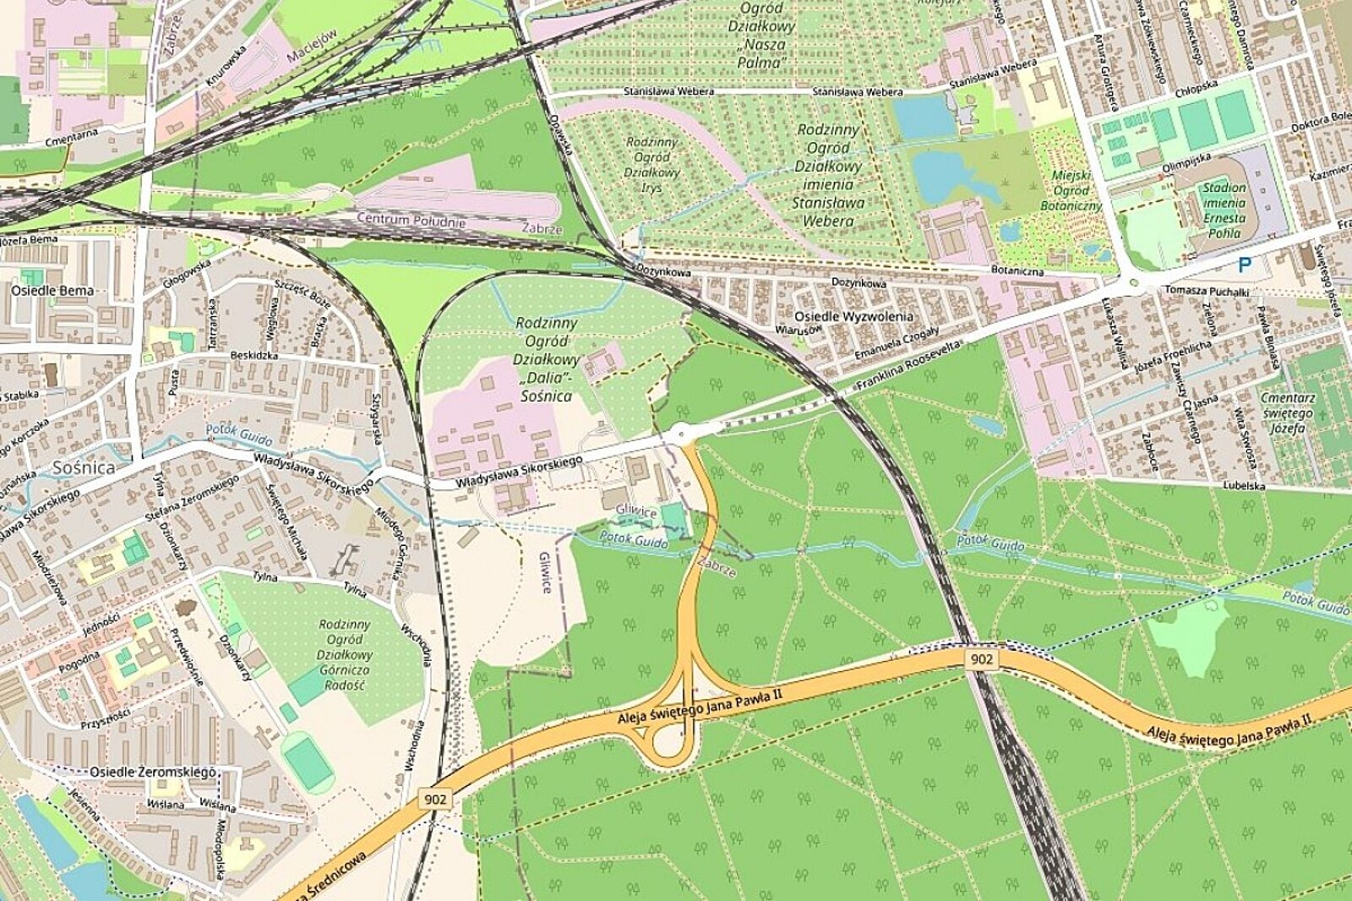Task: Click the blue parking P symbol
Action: coord(1244,265)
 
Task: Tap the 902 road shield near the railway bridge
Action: coord(982,658)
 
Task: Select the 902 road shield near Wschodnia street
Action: coord(436,799)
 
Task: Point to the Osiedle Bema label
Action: coord(52,290)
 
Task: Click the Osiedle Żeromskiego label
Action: coord(153,773)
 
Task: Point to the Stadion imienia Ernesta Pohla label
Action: coord(1225,210)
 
